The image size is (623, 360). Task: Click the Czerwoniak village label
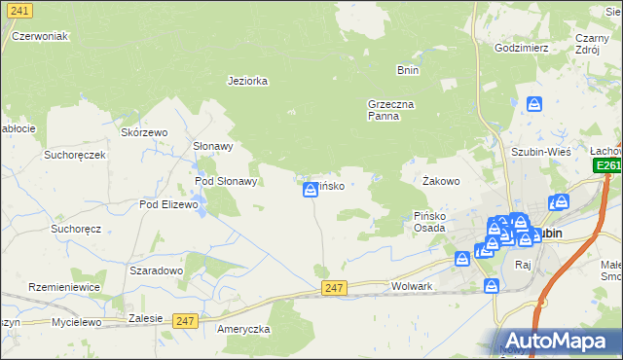39,36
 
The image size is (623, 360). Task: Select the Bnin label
407,70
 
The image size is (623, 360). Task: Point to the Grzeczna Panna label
390,109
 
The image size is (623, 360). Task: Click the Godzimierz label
522,48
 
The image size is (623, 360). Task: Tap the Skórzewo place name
144,132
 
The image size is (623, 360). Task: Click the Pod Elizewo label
168,204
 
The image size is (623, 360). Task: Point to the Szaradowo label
156,270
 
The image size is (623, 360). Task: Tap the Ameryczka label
243,329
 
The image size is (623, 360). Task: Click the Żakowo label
441,181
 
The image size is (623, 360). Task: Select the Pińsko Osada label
429,221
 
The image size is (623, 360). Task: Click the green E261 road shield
608,166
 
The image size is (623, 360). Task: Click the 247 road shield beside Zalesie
185,320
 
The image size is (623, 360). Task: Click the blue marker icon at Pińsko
310,190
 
